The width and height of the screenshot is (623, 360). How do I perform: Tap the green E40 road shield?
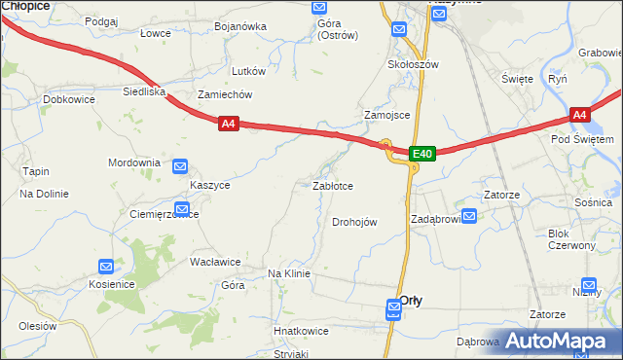click(421, 154)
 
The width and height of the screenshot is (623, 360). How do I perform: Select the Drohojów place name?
click(354, 222)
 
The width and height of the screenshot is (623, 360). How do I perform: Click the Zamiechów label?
click(225, 94)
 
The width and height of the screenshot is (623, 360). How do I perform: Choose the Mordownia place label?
click(133, 162)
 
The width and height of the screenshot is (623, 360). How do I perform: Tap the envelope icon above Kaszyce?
click(181, 167)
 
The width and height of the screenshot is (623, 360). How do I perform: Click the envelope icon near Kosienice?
click(106, 266)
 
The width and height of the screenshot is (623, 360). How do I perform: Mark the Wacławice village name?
click(215, 262)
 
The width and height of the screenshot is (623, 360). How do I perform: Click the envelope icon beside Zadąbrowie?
click(468, 217)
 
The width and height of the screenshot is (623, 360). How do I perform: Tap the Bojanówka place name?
click(239, 26)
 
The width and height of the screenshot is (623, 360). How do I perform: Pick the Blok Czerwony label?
click(571, 239)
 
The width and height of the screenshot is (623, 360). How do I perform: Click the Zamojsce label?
click(386, 115)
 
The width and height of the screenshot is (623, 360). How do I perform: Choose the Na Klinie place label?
click(288, 273)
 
